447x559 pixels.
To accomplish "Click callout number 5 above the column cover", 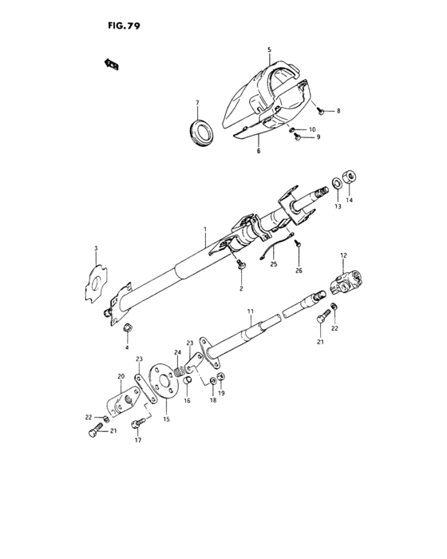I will click(x=269, y=50).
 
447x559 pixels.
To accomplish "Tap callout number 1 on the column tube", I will click(x=205, y=230).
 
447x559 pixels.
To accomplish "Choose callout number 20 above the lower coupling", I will click(x=121, y=377).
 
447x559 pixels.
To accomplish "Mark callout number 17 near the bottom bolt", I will click(x=138, y=441).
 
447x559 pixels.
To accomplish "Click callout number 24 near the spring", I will click(x=178, y=352).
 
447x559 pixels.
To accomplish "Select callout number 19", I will click(x=221, y=394).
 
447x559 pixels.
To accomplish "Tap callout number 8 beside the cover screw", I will click(x=338, y=111).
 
